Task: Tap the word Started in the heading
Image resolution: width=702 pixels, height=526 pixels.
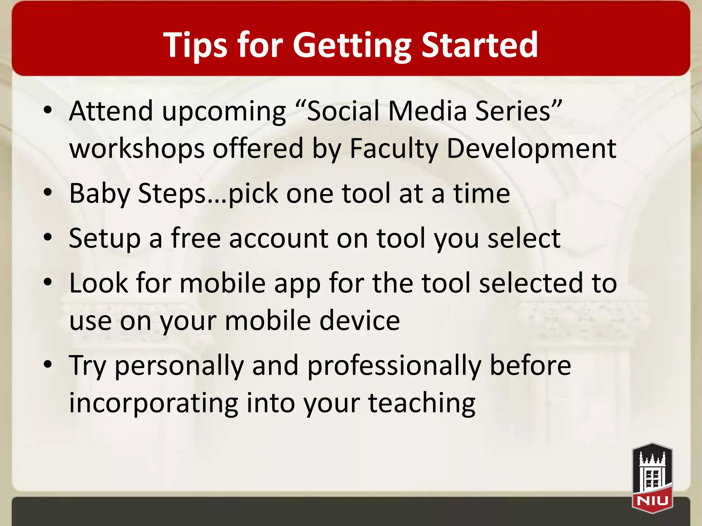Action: click(x=480, y=45)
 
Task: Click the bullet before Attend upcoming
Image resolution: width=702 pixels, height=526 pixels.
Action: click(x=48, y=110)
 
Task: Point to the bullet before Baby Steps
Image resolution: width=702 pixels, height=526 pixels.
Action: click(x=48, y=193)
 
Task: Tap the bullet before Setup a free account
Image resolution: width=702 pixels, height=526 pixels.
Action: click(x=48, y=237)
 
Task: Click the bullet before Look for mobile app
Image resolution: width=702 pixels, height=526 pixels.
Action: click(x=48, y=283)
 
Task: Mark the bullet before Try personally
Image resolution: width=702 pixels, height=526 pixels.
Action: click(x=48, y=365)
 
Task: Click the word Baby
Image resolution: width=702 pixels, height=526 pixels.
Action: click(x=99, y=193)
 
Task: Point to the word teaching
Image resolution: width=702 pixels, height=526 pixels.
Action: click(x=422, y=403)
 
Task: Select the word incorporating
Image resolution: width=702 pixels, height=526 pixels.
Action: click(x=153, y=403)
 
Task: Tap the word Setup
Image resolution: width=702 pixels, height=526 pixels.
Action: click(x=105, y=238)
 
